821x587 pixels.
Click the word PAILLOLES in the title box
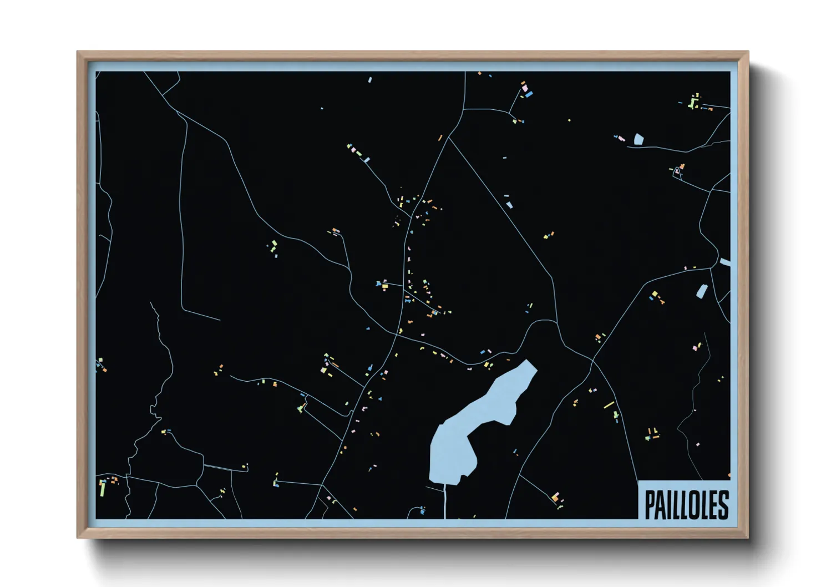coord(686,504)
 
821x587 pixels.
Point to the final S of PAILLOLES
coord(722,504)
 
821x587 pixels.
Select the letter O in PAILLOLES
coord(693,504)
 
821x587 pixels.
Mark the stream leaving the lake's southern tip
coord(445,502)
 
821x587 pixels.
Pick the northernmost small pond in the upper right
coord(638,139)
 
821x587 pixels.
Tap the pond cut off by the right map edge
coord(724,262)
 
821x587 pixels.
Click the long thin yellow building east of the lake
coord(609,404)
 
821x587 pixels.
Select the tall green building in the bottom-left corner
coord(102,488)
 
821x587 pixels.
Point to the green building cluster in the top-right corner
coord(693,102)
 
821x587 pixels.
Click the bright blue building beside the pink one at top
coord(529,94)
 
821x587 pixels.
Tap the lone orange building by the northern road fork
coord(440,138)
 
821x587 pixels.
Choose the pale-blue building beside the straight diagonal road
coord(509,205)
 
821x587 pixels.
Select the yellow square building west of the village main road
coord(384,285)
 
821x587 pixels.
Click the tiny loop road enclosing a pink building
coord(677,173)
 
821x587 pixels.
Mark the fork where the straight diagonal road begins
coord(448,138)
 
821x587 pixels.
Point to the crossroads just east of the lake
coord(592,361)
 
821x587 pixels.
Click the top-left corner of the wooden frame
coord(78,52)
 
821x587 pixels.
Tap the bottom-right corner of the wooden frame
coord(748,537)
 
